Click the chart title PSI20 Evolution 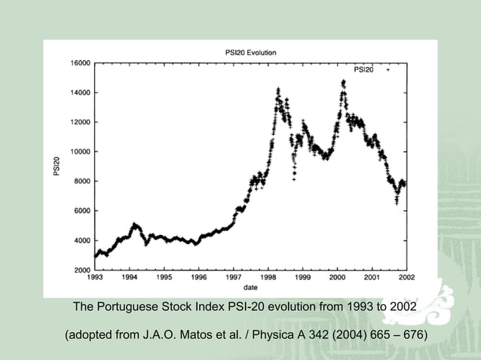coord(251,53)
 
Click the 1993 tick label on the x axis coord(95,277)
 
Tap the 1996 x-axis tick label coord(198,277)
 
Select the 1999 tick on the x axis coord(302,277)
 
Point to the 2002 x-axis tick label coord(406,277)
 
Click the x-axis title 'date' coord(251,287)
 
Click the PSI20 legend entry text coord(363,69)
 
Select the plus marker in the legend coord(388,69)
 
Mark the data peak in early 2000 coord(344,81)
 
